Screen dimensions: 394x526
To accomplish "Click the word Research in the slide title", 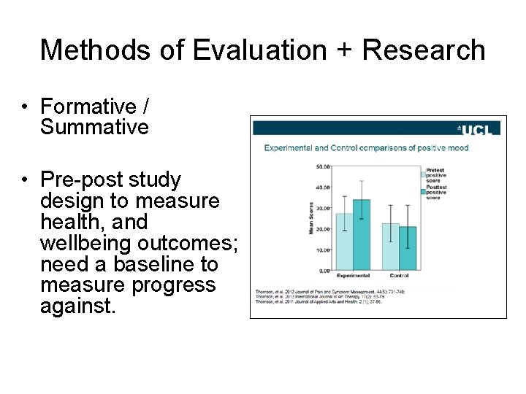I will [x=424, y=50].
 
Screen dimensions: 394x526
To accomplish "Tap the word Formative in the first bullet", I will [x=88, y=107].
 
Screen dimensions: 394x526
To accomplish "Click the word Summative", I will [x=94, y=128].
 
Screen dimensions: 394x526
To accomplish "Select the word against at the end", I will [x=77, y=306].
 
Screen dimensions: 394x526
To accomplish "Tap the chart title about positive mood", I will [x=366, y=148].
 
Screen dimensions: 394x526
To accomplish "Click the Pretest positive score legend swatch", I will [x=422, y=174].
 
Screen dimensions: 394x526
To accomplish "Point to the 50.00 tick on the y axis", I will [x=321, y=166].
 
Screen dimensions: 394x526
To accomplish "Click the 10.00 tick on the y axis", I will [x=321, y=250].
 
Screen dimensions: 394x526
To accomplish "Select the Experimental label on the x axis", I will [x=353, y=276].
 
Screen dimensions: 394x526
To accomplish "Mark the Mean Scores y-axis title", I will [x=310, y=218].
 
